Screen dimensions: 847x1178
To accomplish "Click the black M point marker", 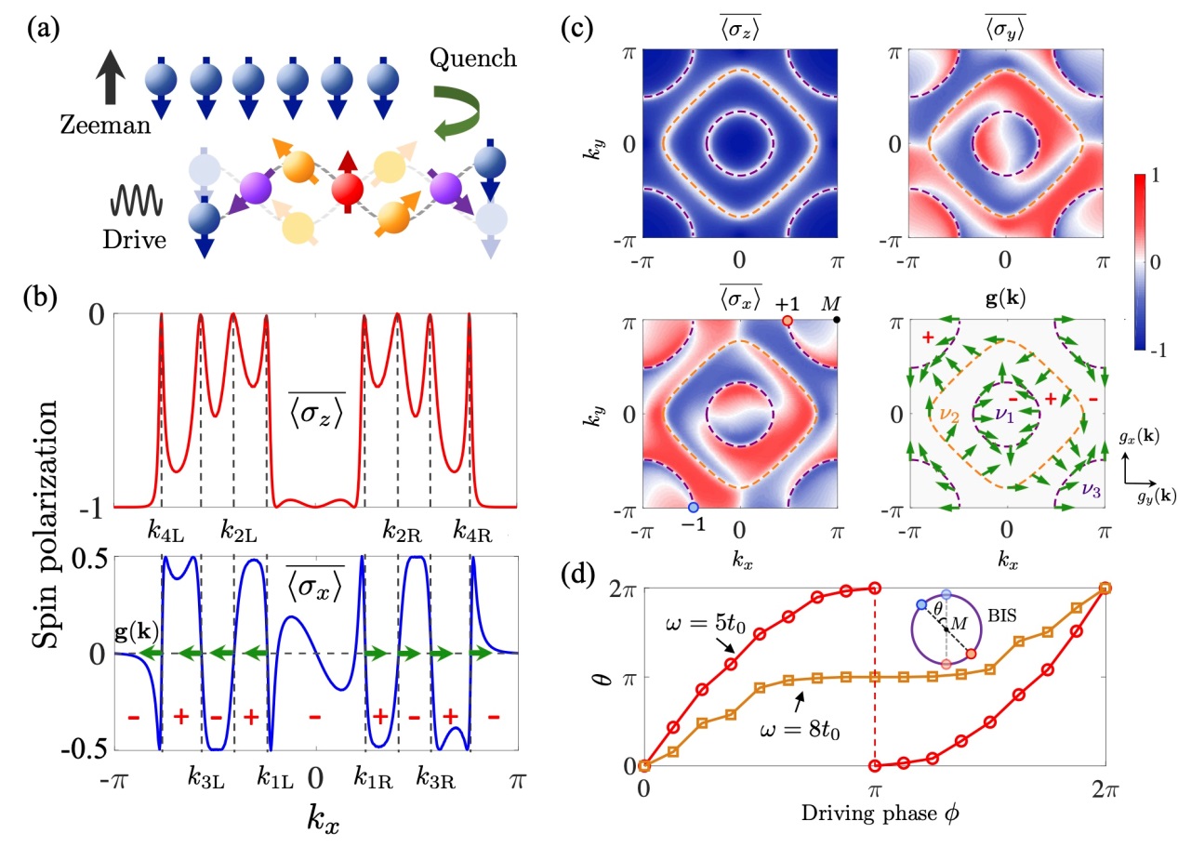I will click(x=837, y=320).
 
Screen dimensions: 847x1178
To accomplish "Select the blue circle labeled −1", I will click(x=693, y=507).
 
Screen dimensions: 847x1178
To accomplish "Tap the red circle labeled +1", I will click(x=787, y=320).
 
